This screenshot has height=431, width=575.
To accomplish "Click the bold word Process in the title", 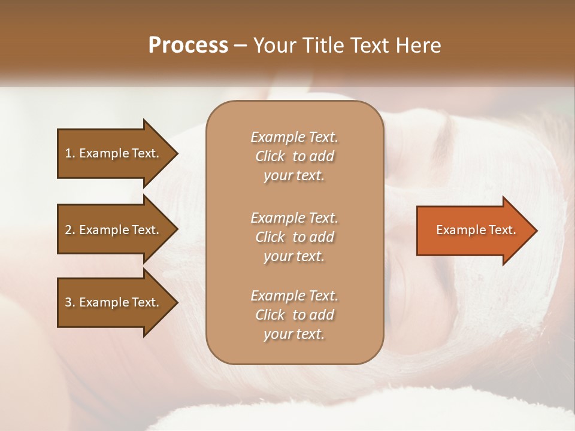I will tap(188, 45).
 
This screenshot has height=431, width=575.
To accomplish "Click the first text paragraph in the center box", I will tap(294, 156).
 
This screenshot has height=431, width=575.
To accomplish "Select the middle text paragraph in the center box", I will tap(294, 236).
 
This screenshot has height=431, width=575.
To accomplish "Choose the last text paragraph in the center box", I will tap(294, 315).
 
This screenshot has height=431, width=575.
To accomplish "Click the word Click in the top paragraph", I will tap(270, 156).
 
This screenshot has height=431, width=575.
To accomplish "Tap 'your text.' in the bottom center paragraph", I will tap(294, 334).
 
